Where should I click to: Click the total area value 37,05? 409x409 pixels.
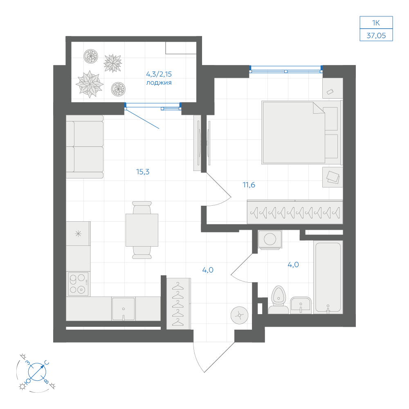376,36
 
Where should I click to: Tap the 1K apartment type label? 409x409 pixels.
376,23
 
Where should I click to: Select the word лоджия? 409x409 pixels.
159,83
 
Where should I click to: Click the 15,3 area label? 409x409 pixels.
143,172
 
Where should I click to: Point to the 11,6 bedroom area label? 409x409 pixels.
249,185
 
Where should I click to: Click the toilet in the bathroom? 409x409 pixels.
279,300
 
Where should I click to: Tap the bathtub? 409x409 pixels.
328,277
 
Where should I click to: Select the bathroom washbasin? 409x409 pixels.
301,305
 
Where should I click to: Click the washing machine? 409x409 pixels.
270,239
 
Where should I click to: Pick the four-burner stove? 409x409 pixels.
78,284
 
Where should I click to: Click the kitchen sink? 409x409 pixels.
124,309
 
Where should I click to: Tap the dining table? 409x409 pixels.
142,230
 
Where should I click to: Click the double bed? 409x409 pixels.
301,133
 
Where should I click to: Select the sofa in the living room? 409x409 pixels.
85,147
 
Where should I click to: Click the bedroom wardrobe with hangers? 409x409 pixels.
295,212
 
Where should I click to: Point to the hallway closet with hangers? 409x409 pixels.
178,303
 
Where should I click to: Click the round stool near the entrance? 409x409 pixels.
239,315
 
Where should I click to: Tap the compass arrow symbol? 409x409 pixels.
37,371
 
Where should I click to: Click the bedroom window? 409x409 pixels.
286,69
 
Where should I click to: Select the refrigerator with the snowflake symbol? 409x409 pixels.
78,234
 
